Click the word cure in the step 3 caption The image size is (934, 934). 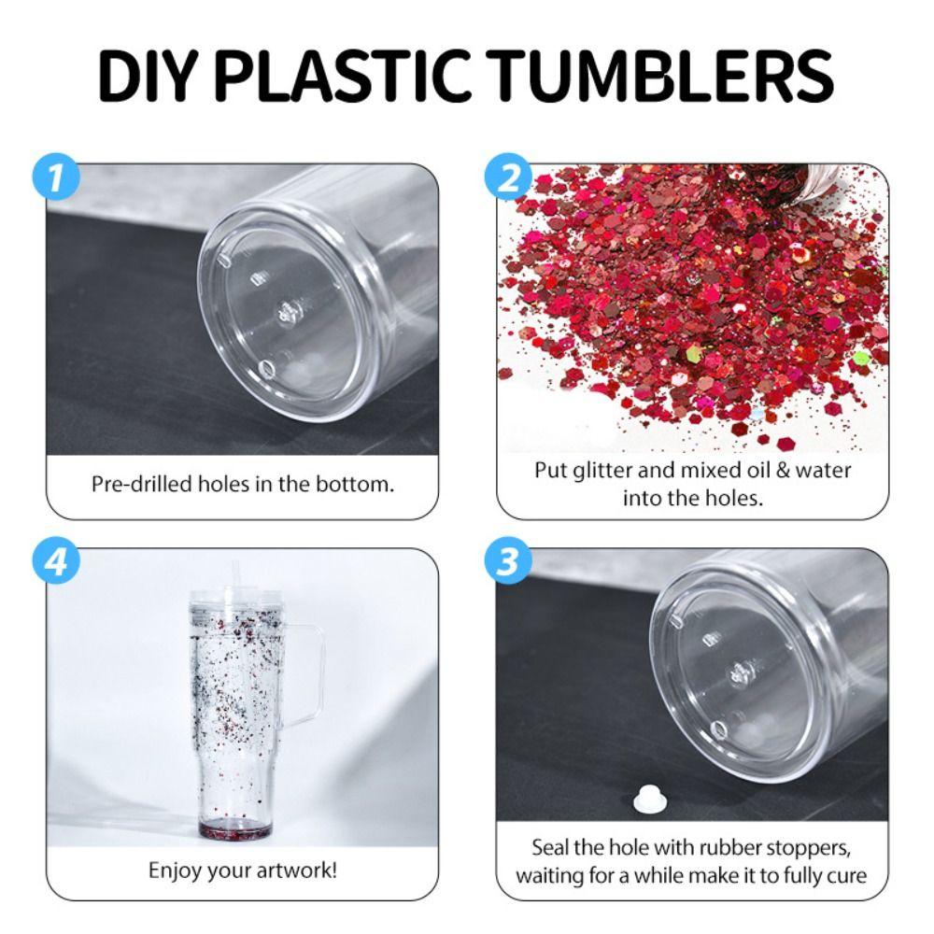click(x=846, y=877)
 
